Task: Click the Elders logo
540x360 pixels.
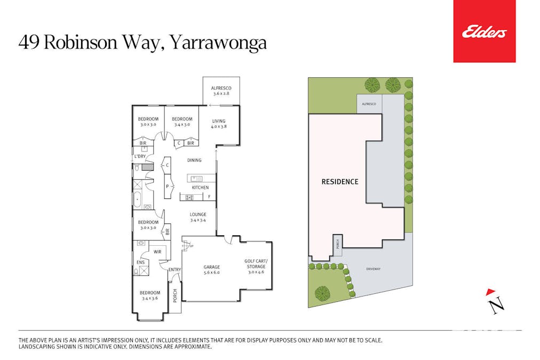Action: (x=484, y=31)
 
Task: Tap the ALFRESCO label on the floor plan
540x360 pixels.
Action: (x=221, y=88)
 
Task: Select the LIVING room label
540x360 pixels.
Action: (x=219, y=121)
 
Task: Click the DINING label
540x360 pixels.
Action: (x=194, y=160)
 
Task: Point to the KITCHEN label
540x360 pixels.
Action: (x=200, y=188)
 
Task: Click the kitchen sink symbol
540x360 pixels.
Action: (x=197, y=179)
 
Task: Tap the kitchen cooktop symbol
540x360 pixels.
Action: (x=189, y=197)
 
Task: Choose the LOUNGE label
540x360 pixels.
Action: (x=198, y=214)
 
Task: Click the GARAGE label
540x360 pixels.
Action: (x=211, y=267)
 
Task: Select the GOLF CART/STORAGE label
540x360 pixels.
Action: (x=256, y=263)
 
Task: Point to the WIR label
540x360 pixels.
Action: (x=157, y=252)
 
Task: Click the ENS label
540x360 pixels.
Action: (x=140, y=262)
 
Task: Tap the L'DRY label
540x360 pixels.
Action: (x=140, y=156)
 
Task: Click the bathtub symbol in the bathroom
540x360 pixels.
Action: (x=137, y=200)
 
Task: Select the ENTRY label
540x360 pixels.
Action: (x=174, y=270)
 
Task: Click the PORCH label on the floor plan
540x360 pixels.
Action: (x=175, y=295)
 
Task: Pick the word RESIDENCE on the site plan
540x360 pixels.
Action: (x=340, y=182)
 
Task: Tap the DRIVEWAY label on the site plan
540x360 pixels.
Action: (x=374, y=269)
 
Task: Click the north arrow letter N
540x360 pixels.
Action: (x=497, y=305)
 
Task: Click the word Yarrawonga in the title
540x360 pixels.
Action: (x=219, y=43)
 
